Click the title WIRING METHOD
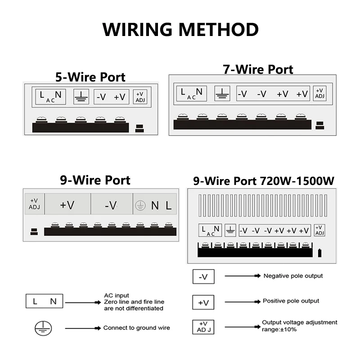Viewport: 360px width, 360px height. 180,30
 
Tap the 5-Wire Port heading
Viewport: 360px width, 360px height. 90,77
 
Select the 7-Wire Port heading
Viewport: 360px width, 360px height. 258,69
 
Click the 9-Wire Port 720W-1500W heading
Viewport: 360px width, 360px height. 263,181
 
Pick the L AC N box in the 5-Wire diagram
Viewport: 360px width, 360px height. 51,97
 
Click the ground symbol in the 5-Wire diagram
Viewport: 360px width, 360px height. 81,97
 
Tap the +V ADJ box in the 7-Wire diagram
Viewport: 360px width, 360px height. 320,94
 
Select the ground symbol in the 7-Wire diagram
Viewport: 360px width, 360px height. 222,94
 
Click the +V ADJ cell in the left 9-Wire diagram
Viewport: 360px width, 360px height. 34,204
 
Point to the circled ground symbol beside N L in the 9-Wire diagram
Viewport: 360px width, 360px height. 140,206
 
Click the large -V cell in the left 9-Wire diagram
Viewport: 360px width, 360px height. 111,205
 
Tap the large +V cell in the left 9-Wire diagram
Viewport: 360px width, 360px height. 67,205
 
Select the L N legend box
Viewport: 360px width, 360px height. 45,302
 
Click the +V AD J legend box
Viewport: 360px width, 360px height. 203,326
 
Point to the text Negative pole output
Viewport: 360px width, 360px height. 293,276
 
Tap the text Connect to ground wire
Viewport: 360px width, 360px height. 136,328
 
